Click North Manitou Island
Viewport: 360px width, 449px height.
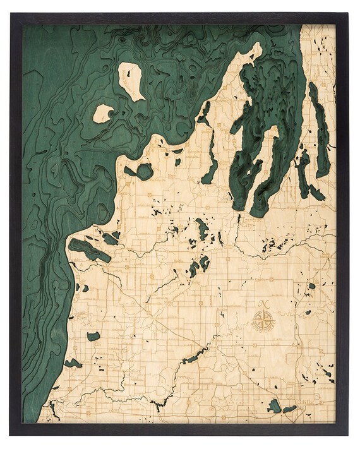pyautogui.click(x=133, y=81)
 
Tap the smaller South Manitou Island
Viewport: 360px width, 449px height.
pyautogui.click(x=103, y=114)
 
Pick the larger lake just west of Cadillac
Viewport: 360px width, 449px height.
pyautogui.click(x=274, y=405)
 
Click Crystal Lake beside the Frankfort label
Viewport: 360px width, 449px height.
pyautogui.click(x=88, y=249)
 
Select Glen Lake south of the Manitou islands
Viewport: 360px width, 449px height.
pyautogui.click(x=145, y=171)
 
